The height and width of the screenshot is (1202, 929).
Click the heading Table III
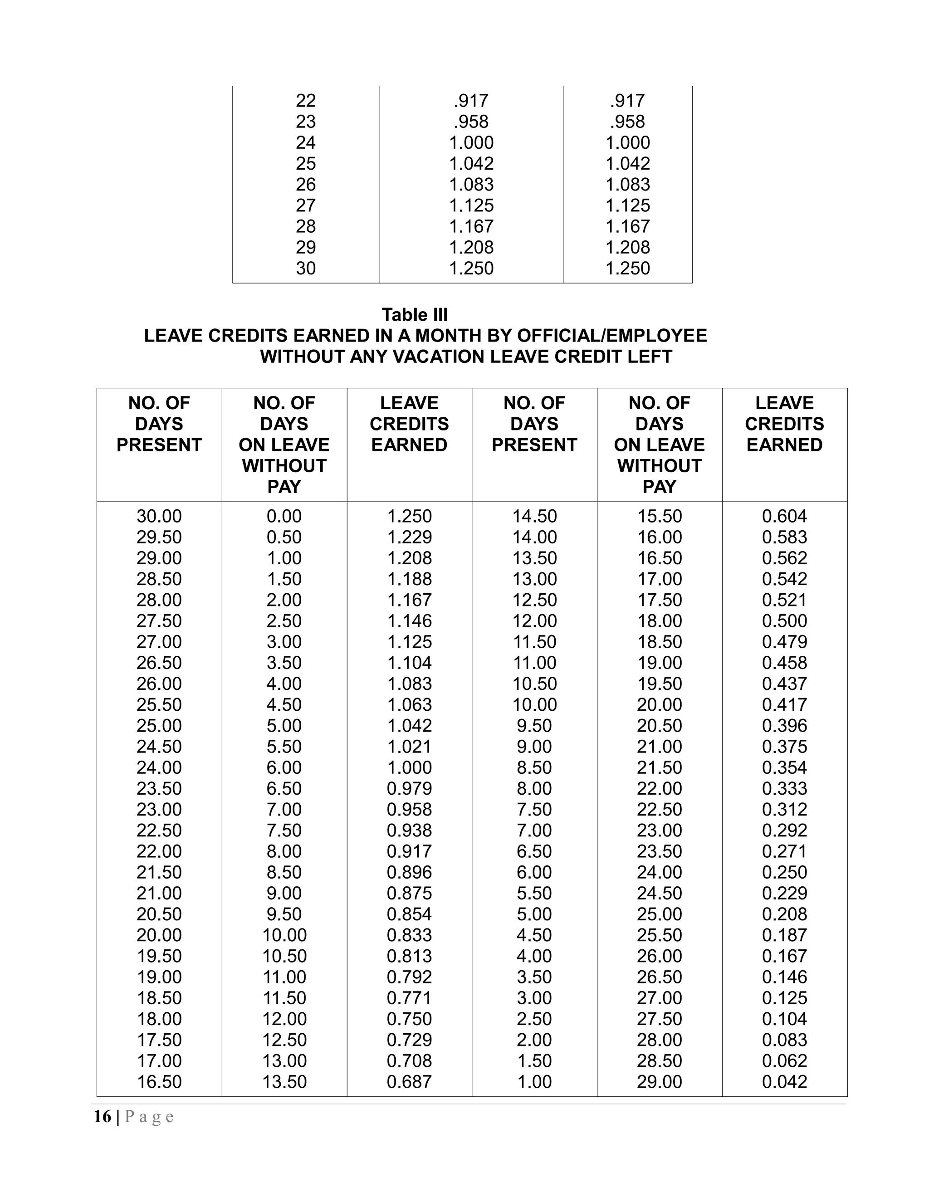pyautogui.click(x=415, y=315)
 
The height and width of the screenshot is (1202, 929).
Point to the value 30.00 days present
pyautogui.click(x=159, y=516)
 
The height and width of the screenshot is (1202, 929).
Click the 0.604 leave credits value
pyautogui.click(x=784, y=516)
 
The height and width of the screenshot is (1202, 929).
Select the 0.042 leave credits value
pyautogui.click(x=784, y=1081)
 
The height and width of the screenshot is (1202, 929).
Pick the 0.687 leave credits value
pyautogui.click(x=409, y=1081)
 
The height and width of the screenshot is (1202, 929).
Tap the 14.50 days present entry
pyautogui.click(x=534, y=516)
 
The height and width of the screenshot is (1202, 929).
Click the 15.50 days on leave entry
pyautogui.click(x=659, y=516)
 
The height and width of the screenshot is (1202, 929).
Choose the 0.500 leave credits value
pyautogui.click(x=784, y=621)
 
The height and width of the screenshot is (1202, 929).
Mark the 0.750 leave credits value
pyautogui.click(x=409, y=1019)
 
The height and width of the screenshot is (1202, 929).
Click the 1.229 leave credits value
pyautogui.click(x=409, y=537)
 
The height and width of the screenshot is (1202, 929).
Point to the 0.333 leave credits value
pyautogui.click(x=784, y=788)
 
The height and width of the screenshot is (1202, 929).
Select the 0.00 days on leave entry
pyautogui.click(x=284, y=516)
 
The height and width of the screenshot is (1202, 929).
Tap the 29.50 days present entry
pyautogui.click(x=159, y=537)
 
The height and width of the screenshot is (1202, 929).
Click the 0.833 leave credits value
pyautogui.click(x=409, y=935)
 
